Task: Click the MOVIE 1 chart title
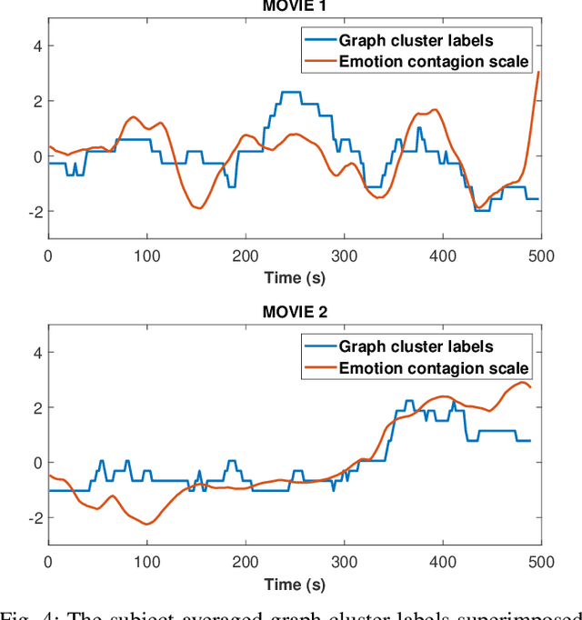point(295,5)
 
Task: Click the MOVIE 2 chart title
point(295,312)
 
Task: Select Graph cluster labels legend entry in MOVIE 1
point(416,39)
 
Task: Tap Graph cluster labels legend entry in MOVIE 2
point(416,346)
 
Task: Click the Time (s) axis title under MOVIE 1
point(295,276)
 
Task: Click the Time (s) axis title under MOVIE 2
point(295,583)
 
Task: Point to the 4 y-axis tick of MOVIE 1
point(37,46)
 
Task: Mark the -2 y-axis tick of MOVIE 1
point(35,211)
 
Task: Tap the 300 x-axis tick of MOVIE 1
point(344,255)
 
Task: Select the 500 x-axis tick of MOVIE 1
point(541,255)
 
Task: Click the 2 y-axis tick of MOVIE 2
point(37,407)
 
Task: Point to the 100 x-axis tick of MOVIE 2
point(146,562)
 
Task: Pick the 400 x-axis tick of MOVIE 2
point(443,562)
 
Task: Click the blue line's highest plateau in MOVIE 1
point(290,92)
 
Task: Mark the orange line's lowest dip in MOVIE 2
point(146,524)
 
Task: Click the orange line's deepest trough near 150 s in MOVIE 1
point(197,208)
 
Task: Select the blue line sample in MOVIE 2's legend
point(318,346)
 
